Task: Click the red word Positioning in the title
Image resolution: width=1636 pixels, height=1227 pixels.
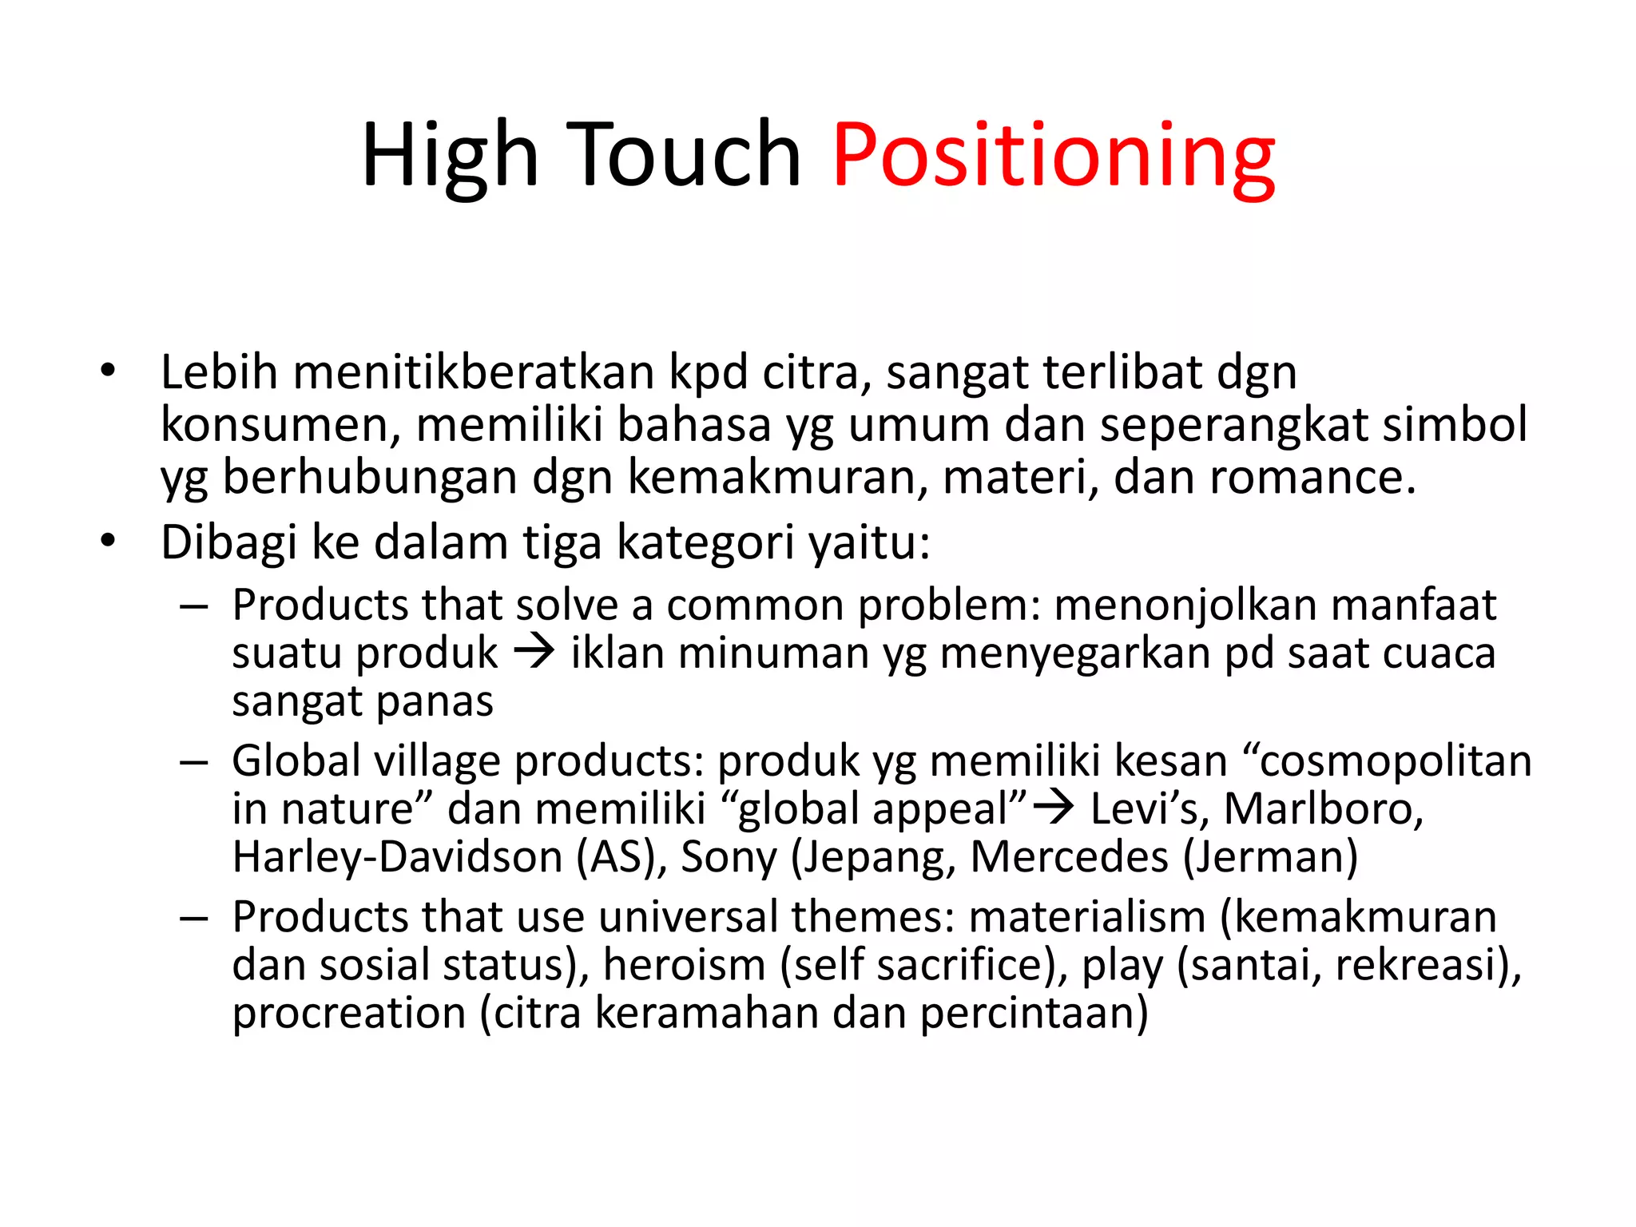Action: [x=1053, y=156]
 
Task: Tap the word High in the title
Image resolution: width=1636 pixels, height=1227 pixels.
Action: [x=450, y=156]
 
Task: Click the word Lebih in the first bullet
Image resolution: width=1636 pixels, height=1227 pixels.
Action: [x=219, y=372]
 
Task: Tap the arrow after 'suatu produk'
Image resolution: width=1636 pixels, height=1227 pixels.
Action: [x=534, y=652]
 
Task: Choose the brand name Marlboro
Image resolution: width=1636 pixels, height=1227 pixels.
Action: [x=1323, y=808]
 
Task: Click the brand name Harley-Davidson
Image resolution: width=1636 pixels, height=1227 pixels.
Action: [x=398, y=856]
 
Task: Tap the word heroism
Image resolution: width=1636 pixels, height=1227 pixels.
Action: [x=684, y=964]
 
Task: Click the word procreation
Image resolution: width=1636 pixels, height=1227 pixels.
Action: [x=349, y=1013]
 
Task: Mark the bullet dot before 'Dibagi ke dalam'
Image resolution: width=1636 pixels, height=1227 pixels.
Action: [x=109, y=541]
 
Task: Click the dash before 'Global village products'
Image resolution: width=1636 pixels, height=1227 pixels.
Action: [x=194, y=762]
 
